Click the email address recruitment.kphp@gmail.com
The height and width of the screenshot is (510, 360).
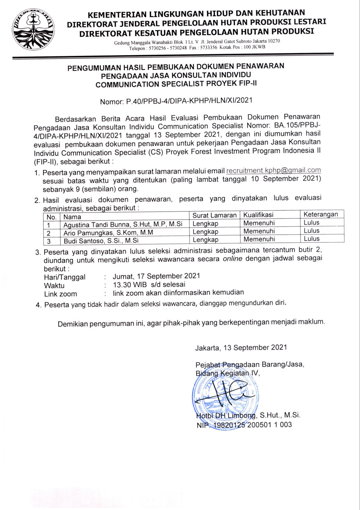(x=273, y=170)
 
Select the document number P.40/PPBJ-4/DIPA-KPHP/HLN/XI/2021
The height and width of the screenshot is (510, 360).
(x=189, y=100)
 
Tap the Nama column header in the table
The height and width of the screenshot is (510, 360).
(x=72, y=217)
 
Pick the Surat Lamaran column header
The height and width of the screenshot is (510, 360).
(x=214, y=215)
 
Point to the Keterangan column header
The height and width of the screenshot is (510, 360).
(x=321, y=214)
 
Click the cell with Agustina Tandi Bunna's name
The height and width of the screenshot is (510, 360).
(x=123, y=224)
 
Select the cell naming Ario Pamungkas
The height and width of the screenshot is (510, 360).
(x=108, y=233)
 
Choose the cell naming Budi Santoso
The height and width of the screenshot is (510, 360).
(x=101, y=241)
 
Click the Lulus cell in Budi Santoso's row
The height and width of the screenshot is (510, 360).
(x=311, y=239)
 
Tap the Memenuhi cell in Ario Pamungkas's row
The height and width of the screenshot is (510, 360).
(x=259, y=231)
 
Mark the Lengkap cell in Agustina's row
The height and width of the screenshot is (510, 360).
(x=205, y=224)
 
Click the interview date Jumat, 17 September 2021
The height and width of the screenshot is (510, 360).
(x=156, y=276)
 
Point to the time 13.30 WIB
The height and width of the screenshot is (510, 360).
(x=130, y=285)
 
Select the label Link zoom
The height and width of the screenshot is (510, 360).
(x=60, y=294)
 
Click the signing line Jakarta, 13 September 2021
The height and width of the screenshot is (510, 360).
(x=241, y=347)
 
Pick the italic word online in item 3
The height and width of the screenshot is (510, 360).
(x=233, y=259)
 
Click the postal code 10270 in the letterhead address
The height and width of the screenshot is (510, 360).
(x=274, y=41)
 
